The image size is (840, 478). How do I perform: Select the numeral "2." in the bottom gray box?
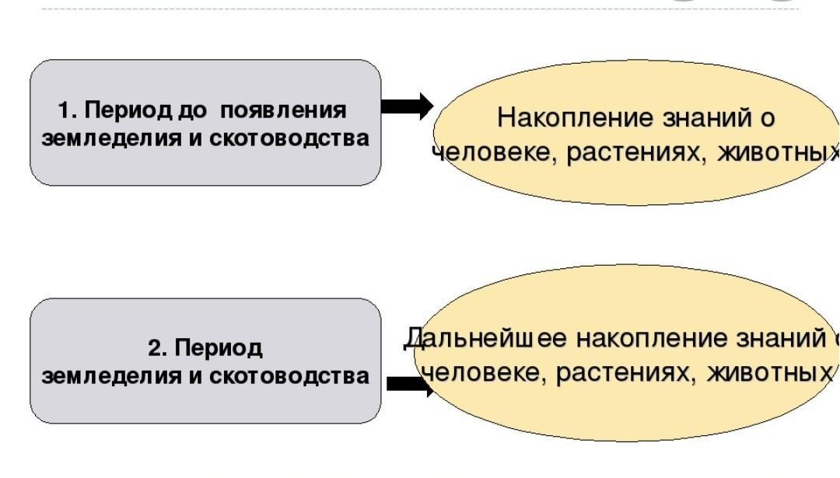click(159, 348)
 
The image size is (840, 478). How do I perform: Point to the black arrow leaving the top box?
click(407, 106)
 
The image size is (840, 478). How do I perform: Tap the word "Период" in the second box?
click(219, 348)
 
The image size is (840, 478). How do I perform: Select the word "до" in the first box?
click(192, 110)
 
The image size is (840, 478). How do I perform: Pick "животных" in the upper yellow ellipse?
click(778, 152)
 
